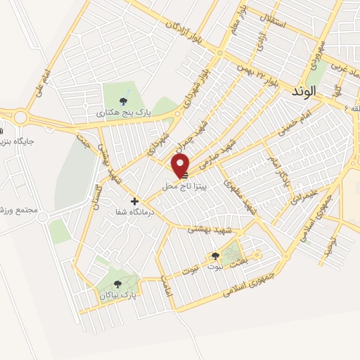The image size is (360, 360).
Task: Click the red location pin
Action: point(181,165)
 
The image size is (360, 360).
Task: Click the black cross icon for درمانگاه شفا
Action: point(135,201)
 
